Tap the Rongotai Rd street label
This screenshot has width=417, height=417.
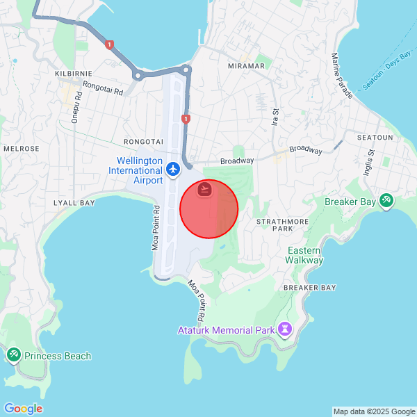(102, 88)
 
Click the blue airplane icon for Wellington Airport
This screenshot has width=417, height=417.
(173, 169)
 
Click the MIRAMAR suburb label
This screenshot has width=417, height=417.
(246, 65)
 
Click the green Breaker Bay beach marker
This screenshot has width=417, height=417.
(386, 202)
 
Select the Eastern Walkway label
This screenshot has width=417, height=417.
(304, 255)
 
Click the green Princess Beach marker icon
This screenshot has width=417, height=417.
(13, 356)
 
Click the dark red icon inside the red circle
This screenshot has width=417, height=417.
(205, 189)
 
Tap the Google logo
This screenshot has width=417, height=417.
(23, 409)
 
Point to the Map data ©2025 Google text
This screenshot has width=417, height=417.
(373, 411)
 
